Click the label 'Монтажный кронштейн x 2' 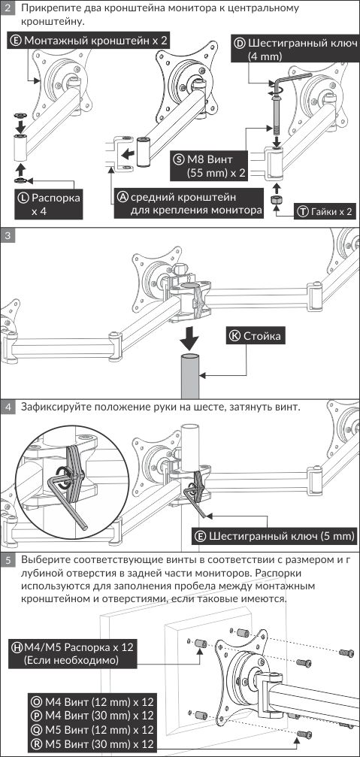pos(89,41)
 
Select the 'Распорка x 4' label pos(49,204)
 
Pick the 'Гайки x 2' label pos(326,211)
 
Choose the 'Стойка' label pos(256,336)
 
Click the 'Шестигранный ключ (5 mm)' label pos(276,536)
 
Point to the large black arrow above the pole pos(189,340)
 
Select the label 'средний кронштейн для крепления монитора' pos(189,203)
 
